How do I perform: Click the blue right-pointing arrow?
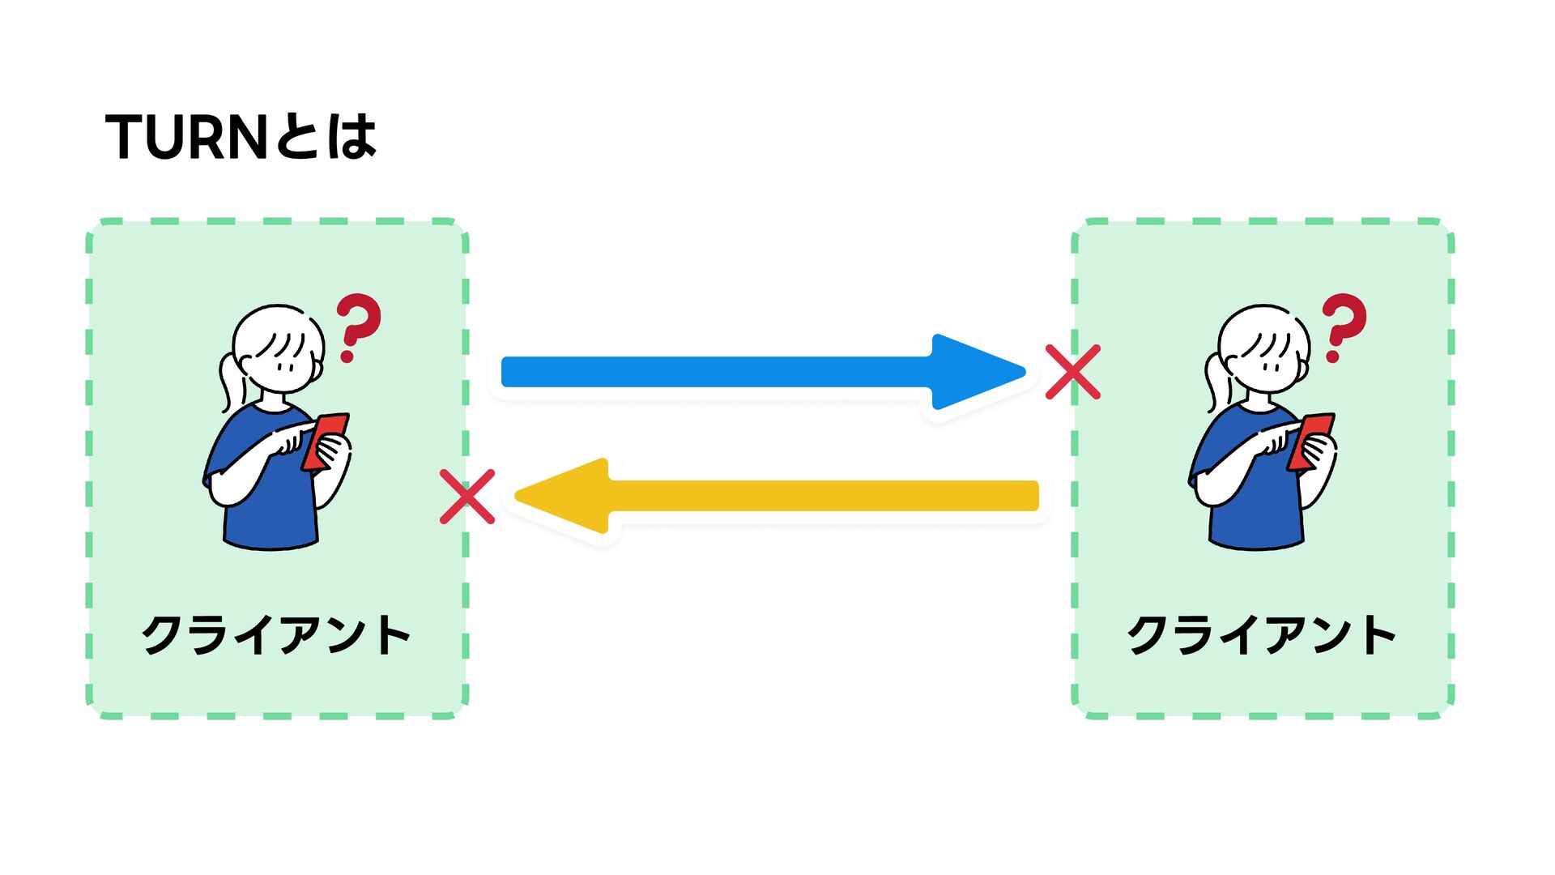pyautogui.click(x=729, y=372)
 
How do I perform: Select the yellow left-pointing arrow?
pyautogui.click(x=810, y=496)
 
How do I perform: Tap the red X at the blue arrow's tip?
pyautogui.click(x=1072, y=372)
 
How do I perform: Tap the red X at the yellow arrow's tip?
pyautogui.click(x=467, y=497)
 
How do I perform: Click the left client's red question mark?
pyautogui.click(x=357, y=326)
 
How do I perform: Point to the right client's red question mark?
pyautogui.click(x=1343, y=326)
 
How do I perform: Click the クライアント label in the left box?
pyautogui.click(x=276, y=634)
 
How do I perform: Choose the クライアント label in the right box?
pyautogui.click(x=1262, y=634)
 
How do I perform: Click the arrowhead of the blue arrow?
pyautogui.click(x=976, y=372)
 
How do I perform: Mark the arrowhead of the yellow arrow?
pyautogui.click(x=567, y=496)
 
